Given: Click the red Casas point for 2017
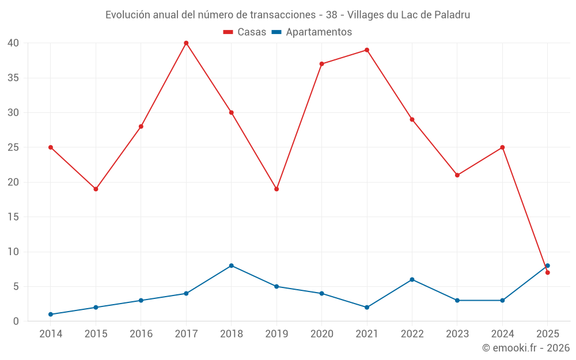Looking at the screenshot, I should pyautogui.click(x=186, y=43).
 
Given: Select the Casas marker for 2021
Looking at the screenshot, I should pyautogui.click(x=367, y=50).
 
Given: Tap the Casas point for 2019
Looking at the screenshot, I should pyautogui.click(x=276, y=189).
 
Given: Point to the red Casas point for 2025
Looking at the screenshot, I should pyautogui.click(x=548, y=272).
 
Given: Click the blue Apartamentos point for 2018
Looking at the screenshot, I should pyautogui.click(x=231, y=266).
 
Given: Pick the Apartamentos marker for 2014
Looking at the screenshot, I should pyautogui.click(x=51, y=314).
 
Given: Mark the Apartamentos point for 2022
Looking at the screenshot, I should pyautogui.click(x=412, y=279).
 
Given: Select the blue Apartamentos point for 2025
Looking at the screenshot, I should pyautogui.click(x=548, y=266).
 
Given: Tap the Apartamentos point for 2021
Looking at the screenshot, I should pyautogui.click(x=367, y=308).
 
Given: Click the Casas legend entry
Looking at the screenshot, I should pyautogui.click(x=245, y=32).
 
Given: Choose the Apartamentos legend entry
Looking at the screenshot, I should pyautogui.click(x=312, y=32).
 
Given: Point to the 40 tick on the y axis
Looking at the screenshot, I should pyautogui.click(x=13, y=43).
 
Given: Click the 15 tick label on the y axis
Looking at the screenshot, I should pyautogui.click(x=13, y=217).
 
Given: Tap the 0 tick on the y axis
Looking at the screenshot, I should pyautogui.click(x=16, y=321).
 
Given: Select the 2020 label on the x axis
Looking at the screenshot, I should pyautogui.click(x=321, y=334).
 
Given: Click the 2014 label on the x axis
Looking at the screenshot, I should pyautogui.click(x=51, y=334).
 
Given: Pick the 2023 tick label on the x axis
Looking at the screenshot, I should pyautogui.click(x=457, y=334).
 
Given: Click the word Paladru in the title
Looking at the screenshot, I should pyautogui.click(x=452, y=15).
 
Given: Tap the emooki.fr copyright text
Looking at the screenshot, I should pyautogui.click(x=526, y=348).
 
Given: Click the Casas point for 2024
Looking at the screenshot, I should pyautogui.click(x=502, y=147).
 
